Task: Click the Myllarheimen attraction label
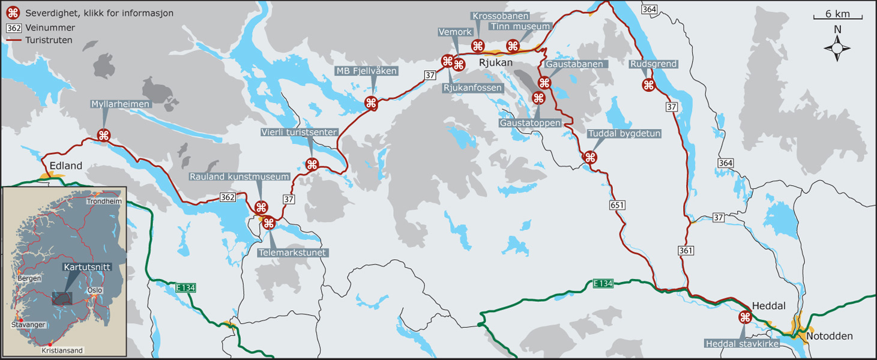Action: click(x=120, y=104)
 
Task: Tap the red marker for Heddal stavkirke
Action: click(x=744, y=317)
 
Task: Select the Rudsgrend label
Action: click(x=654, y=64)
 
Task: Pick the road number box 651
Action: click(x=617, y=205)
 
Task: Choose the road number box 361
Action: click(x=687, y=250)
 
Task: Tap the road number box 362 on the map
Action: click(x=228, y=197)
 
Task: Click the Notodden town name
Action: click(x=829, y=336)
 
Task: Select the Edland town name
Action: click(x=66, y=166)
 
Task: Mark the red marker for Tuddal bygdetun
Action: click(x=590, y=158)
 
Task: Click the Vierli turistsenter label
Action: click(x=299, y=132)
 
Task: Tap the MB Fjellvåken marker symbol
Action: click(x=371, y=103)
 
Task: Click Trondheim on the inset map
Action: click(x=104, y=202)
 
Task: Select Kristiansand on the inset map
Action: click(x=62, y=350)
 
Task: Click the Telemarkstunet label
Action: click(x=293, y=253)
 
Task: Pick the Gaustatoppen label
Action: click(x=530, y=123)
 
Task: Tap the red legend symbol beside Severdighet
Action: click(x=13, y=13)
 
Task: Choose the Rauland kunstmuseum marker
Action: click(x=261, y=208)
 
